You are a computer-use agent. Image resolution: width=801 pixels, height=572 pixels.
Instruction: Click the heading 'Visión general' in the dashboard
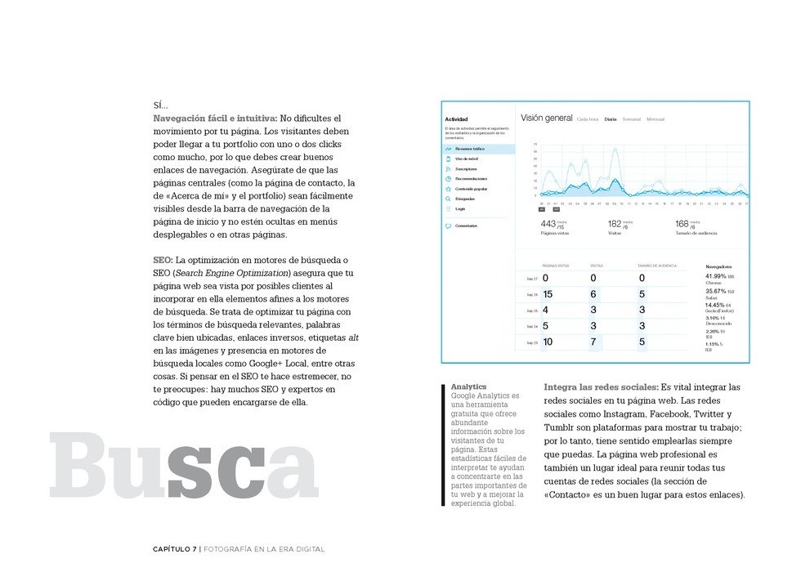546,118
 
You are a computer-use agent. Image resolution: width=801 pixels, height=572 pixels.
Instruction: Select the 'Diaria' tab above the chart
611,119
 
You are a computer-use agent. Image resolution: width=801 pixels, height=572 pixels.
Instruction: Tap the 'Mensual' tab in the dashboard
656,119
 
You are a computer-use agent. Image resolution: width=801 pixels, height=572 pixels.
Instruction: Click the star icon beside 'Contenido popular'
449,189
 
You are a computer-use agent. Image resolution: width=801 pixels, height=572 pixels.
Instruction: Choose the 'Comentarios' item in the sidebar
468,226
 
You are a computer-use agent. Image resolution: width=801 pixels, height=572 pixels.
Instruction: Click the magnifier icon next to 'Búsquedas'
449,199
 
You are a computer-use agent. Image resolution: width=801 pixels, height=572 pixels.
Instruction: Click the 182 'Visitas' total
615,224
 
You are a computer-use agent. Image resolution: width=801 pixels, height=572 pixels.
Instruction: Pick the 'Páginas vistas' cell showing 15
548,294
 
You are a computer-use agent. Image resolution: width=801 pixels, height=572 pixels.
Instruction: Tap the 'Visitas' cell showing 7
593,342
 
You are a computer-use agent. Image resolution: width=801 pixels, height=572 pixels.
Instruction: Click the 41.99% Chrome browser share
716,276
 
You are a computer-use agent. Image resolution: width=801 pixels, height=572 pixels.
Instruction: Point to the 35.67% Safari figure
716,291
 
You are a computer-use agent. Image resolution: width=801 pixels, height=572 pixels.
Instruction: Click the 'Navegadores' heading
718,266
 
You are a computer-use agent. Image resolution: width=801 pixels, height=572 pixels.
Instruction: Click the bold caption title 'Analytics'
468,387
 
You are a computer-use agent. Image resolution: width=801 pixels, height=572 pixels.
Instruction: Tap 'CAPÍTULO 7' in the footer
175,549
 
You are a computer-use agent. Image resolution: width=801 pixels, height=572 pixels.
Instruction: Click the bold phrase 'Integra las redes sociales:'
601,387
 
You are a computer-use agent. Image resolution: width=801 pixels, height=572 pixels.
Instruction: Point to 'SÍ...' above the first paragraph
160,105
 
